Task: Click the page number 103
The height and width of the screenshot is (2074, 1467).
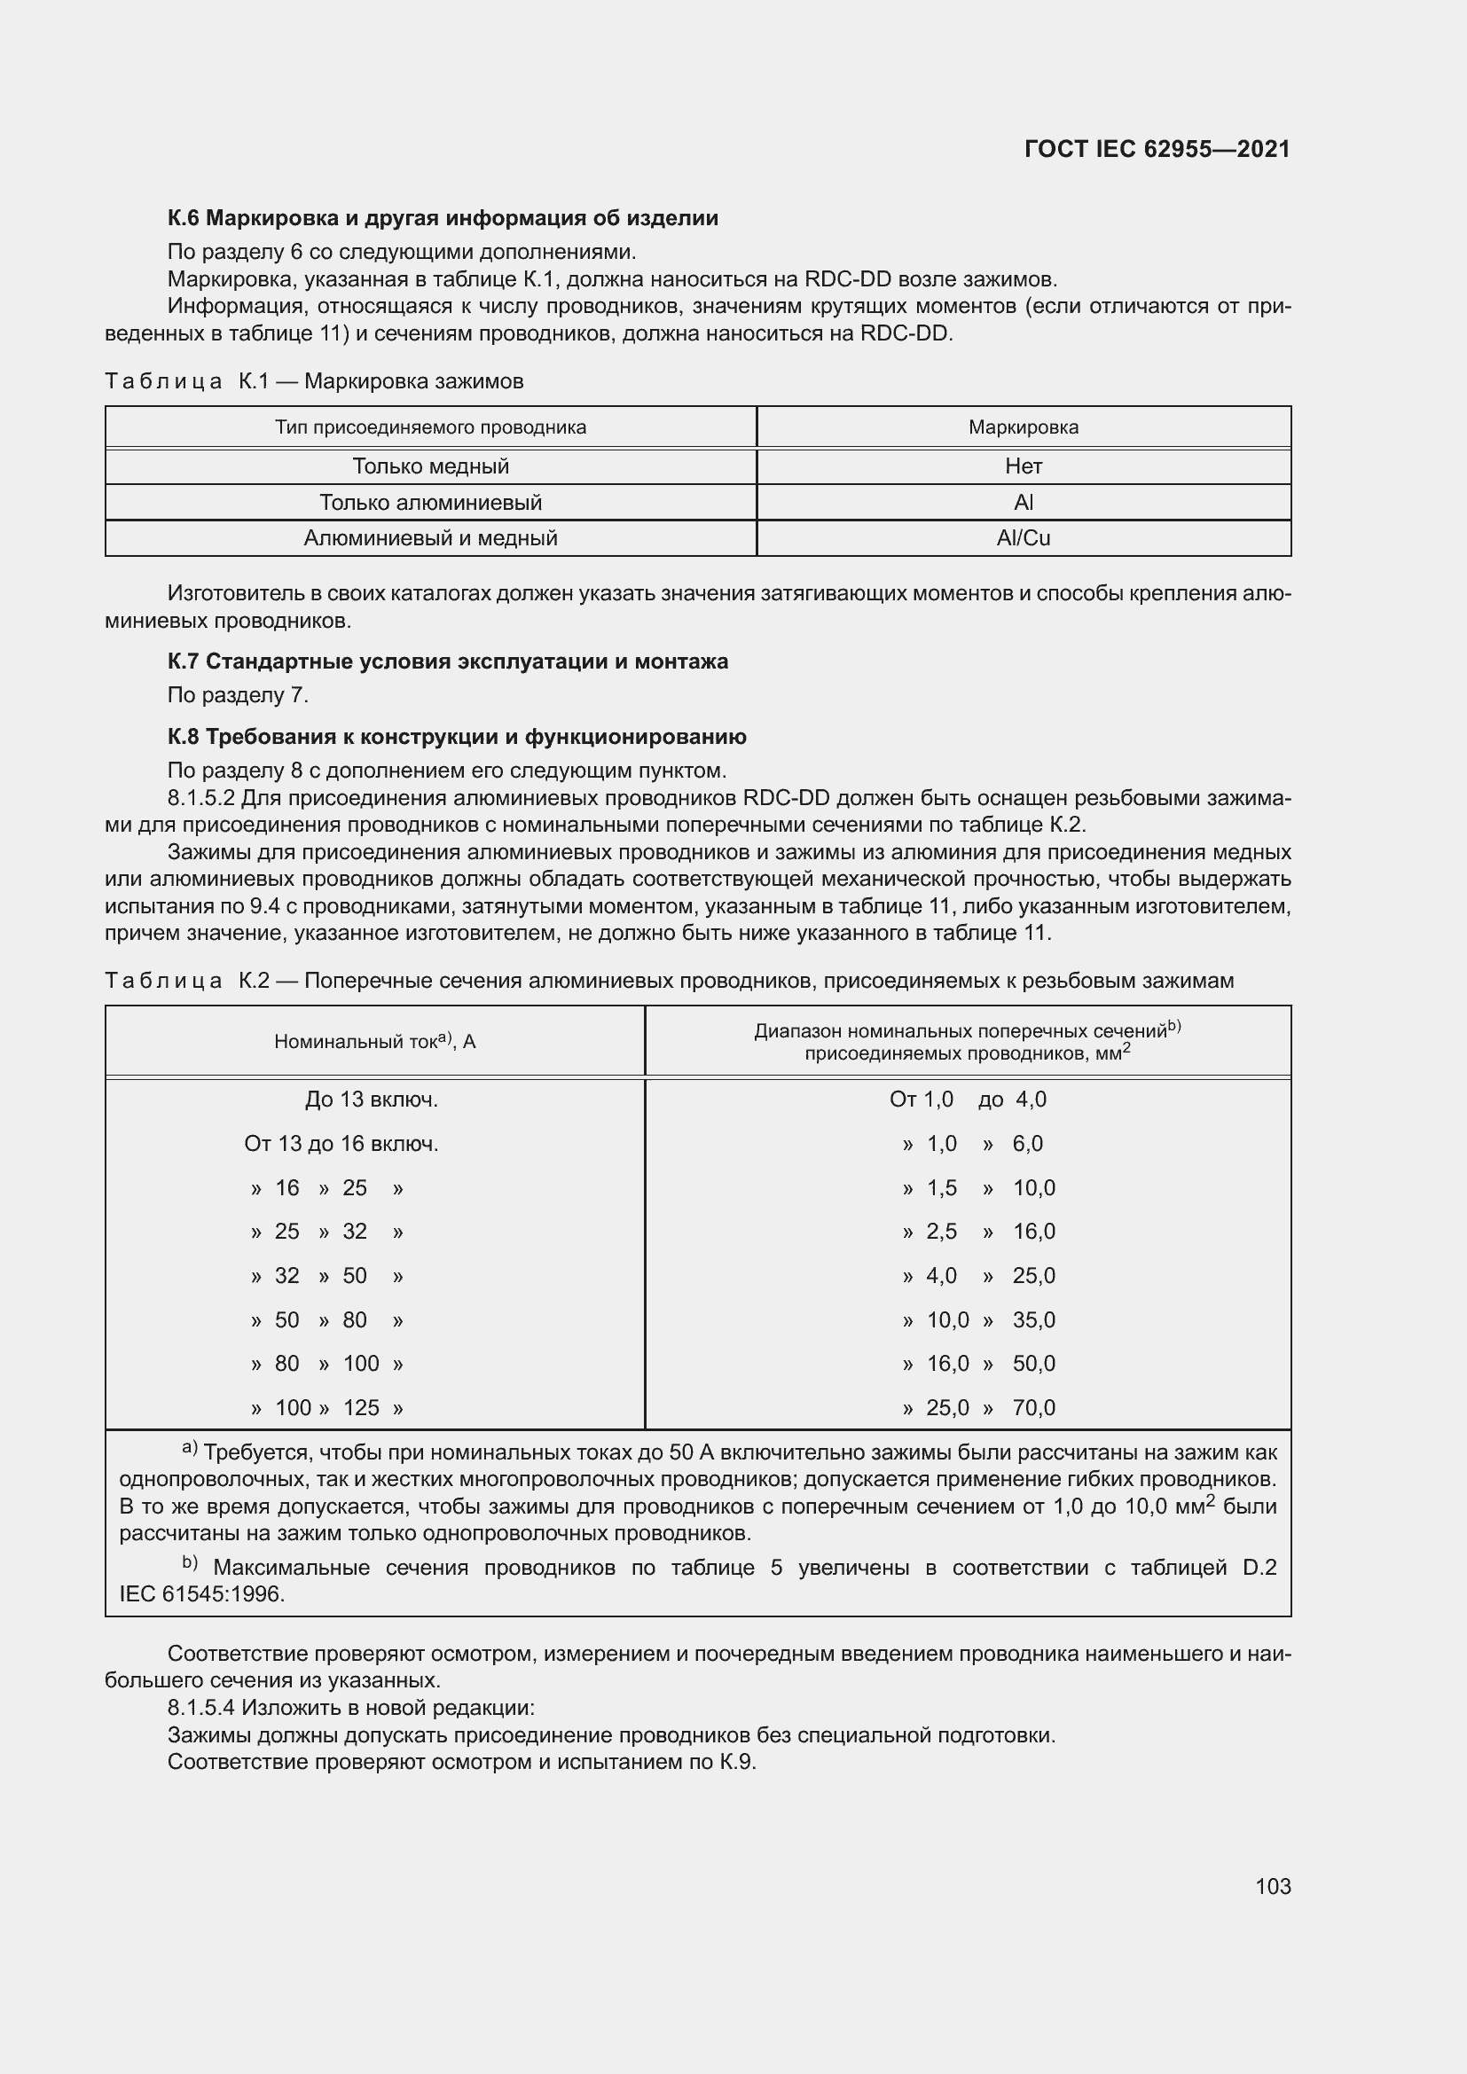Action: point(1272,1886)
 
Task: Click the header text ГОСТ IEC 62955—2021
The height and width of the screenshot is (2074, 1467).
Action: point(1157,149)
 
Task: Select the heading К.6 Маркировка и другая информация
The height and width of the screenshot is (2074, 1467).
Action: point(443,218)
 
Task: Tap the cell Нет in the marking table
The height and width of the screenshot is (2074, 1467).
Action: point(1023,466)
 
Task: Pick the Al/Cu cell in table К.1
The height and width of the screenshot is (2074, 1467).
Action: point(1023,538)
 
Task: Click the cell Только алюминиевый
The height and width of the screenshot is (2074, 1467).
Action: point(430,502)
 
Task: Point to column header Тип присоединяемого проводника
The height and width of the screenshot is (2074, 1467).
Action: point(430,427)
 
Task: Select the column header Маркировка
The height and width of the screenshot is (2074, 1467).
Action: point(1023,427)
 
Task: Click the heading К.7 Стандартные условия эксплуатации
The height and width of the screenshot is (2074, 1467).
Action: point(447,661)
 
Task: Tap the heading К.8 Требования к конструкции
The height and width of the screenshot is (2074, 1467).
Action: point(456,737)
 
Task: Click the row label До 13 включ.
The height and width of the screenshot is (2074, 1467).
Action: point(372,1100)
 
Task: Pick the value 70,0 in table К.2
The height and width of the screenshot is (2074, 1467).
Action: point(1033,1407)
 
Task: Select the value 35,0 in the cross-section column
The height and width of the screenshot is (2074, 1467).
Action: point(1033,1319)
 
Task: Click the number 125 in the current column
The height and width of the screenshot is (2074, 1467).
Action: point(361,1407)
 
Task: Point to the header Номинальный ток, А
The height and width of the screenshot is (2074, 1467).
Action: point(375,1042)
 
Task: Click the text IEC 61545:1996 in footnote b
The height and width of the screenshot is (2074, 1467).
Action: point(201,1594)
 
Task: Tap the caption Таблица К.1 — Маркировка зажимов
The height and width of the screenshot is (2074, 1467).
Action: point(313,381)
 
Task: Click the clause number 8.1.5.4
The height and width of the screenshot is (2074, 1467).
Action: point(201,1707)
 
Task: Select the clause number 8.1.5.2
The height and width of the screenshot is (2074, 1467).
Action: point(201,798)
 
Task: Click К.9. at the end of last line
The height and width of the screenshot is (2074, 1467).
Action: point(737,1762)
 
